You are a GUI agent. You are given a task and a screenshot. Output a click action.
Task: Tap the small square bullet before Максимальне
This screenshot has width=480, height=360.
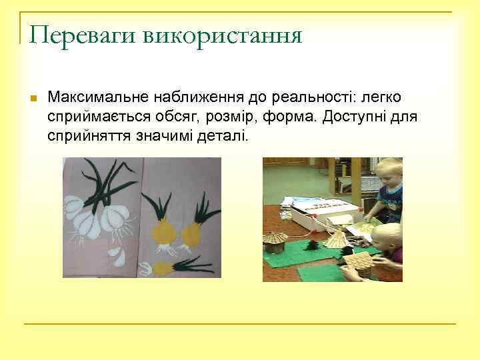click(x=33, y=98)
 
